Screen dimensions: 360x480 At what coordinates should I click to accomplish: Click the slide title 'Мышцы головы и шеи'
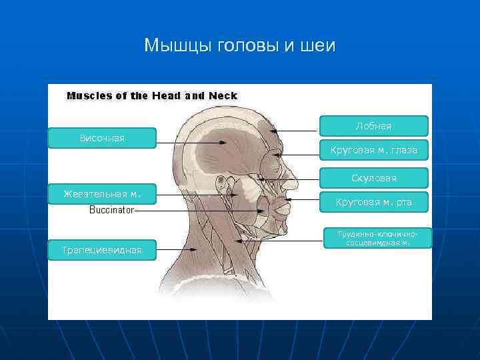point(240,45)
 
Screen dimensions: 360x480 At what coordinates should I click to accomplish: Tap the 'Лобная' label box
point(373,126)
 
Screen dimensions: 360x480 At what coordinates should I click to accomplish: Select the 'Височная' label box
point(102,138)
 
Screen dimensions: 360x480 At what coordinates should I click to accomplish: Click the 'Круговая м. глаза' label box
point(373,151)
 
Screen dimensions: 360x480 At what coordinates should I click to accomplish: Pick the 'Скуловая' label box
point(373,178)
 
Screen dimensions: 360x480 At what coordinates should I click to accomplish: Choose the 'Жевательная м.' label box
point(102,194)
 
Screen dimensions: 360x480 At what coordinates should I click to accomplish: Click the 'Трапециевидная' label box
point(102,250)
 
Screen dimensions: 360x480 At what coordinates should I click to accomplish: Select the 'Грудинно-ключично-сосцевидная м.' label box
point(377,238)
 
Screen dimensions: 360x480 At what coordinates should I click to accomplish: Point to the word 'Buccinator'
point(111,210)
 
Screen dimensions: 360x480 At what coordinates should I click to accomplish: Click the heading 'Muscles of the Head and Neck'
point(151,95)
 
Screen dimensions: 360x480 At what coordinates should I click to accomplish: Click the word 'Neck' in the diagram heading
point(223,95)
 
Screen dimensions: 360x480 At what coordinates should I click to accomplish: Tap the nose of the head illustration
point(291,179)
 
